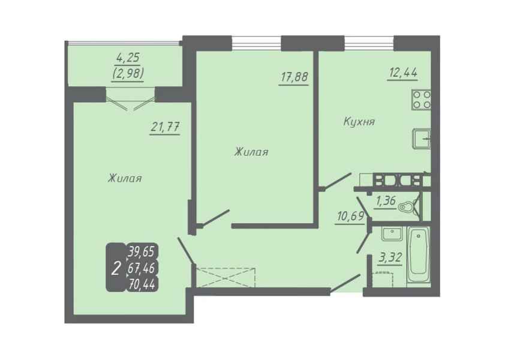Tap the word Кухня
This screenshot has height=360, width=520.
pos(359,121)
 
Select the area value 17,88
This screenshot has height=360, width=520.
pos(294,77)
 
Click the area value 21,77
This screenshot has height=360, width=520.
pos(165,127)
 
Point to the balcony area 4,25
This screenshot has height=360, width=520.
pos(128,58)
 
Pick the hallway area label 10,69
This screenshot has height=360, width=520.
pos(350,217)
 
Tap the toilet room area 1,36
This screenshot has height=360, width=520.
pos(386,201)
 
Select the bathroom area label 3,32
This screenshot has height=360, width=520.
pos(390,257)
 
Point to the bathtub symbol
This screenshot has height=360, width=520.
pos(418,255)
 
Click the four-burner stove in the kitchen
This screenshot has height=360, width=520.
pos(421,100)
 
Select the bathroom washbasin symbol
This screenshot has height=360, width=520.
pos(392,233)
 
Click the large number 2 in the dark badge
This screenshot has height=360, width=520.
pos(116,268)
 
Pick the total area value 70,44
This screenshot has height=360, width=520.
pos(142,284)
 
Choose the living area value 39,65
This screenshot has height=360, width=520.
pos(142,252)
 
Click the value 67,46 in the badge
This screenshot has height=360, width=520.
pos(142,268)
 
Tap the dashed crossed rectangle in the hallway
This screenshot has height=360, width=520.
pos(226,277)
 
